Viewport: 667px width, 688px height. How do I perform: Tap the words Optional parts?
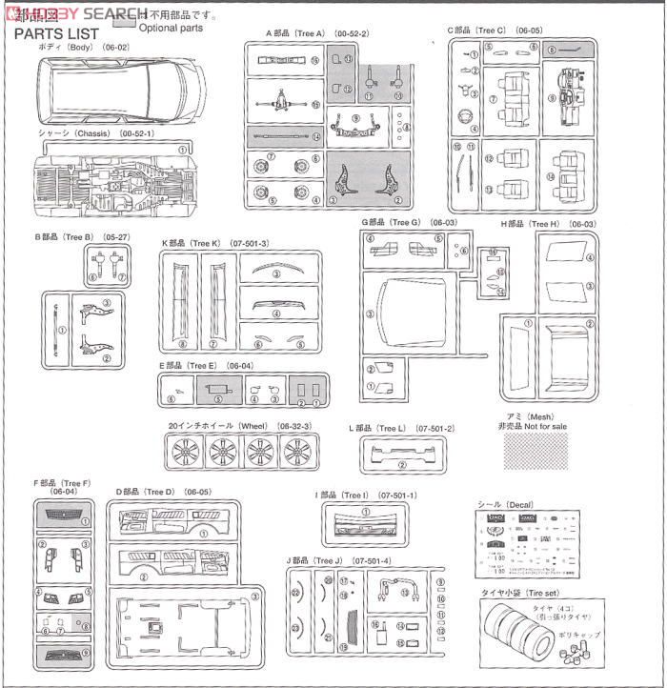171,29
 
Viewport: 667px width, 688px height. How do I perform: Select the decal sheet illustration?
527,544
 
